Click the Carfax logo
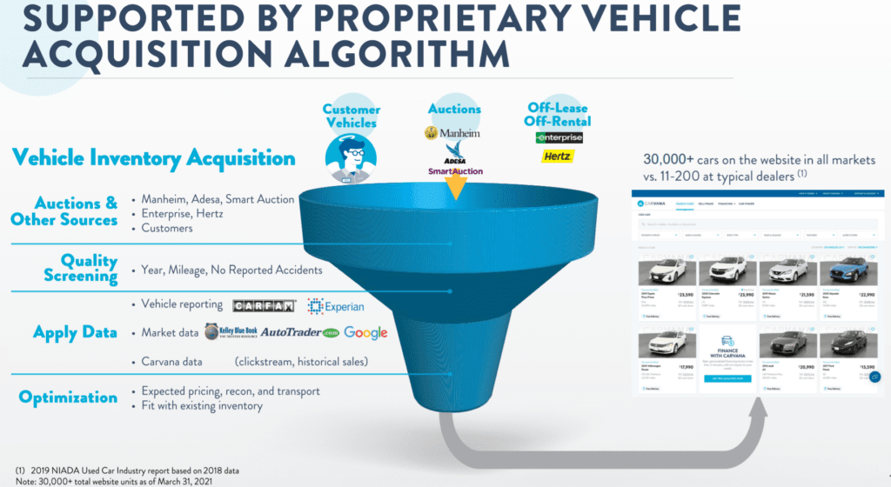tap(264, 306)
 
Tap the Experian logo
tap(335, 306)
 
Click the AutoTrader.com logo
tap(297, 333)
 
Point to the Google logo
tap(365, 332)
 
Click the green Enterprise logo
tap(559, 137)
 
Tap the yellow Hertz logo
tap(556, 157)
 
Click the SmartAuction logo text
tap(455, 171)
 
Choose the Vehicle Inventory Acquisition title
tap(155, 158)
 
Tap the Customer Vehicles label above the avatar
tap(352, 116)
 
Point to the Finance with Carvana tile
tap(727, 361)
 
